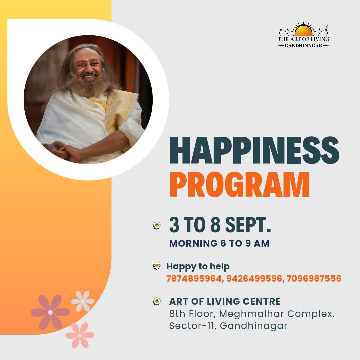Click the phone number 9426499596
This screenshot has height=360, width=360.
(253, 278)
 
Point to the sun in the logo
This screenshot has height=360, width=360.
(303, 31)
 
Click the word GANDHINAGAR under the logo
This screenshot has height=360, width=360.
(303, 45)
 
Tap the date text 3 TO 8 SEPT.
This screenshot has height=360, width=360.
(220, 225)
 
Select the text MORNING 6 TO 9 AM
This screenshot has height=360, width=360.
(219, 243)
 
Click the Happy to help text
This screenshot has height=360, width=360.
(198, 266)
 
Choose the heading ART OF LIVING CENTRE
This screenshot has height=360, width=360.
(225, 301)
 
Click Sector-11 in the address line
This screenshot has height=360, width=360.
(192, 326)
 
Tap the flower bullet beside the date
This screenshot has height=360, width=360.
(157, 226)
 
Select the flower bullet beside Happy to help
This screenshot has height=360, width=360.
(157, 266)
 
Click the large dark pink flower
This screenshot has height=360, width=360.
(50, 312)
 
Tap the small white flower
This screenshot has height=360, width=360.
(83, 301)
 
